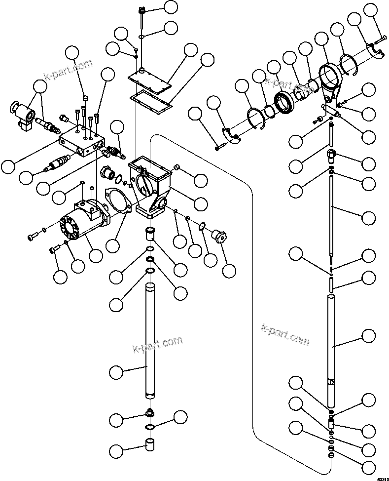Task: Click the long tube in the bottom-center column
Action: [x=150, y=341]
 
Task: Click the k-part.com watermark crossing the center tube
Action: [x=158, y=344]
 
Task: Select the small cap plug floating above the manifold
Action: [x=85, y=98]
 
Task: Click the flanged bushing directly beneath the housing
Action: [x=150, y=233]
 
